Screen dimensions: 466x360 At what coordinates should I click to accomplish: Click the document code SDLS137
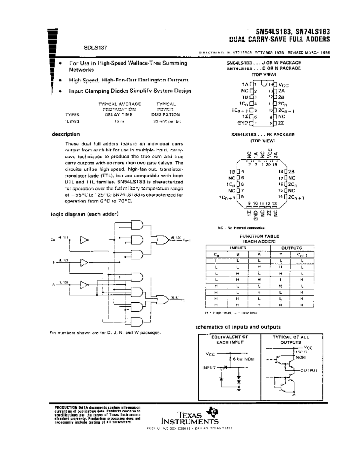point(95,47)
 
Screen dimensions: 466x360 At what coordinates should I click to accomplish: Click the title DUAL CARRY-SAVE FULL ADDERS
point(279,39)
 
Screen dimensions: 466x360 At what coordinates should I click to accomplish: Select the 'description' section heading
point(66,134)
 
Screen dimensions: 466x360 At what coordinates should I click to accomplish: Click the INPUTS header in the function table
point(238,248)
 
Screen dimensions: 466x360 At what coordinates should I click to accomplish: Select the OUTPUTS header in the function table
point(292,248)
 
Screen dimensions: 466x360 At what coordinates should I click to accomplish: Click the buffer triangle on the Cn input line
point(84,239)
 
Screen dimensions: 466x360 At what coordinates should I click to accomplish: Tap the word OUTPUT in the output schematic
point(309,370)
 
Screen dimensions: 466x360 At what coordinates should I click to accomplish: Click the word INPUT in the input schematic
point(209,368)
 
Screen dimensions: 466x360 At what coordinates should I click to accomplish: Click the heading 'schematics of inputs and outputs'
point(238,327)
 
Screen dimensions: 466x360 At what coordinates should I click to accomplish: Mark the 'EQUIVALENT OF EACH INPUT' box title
point(230,339)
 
